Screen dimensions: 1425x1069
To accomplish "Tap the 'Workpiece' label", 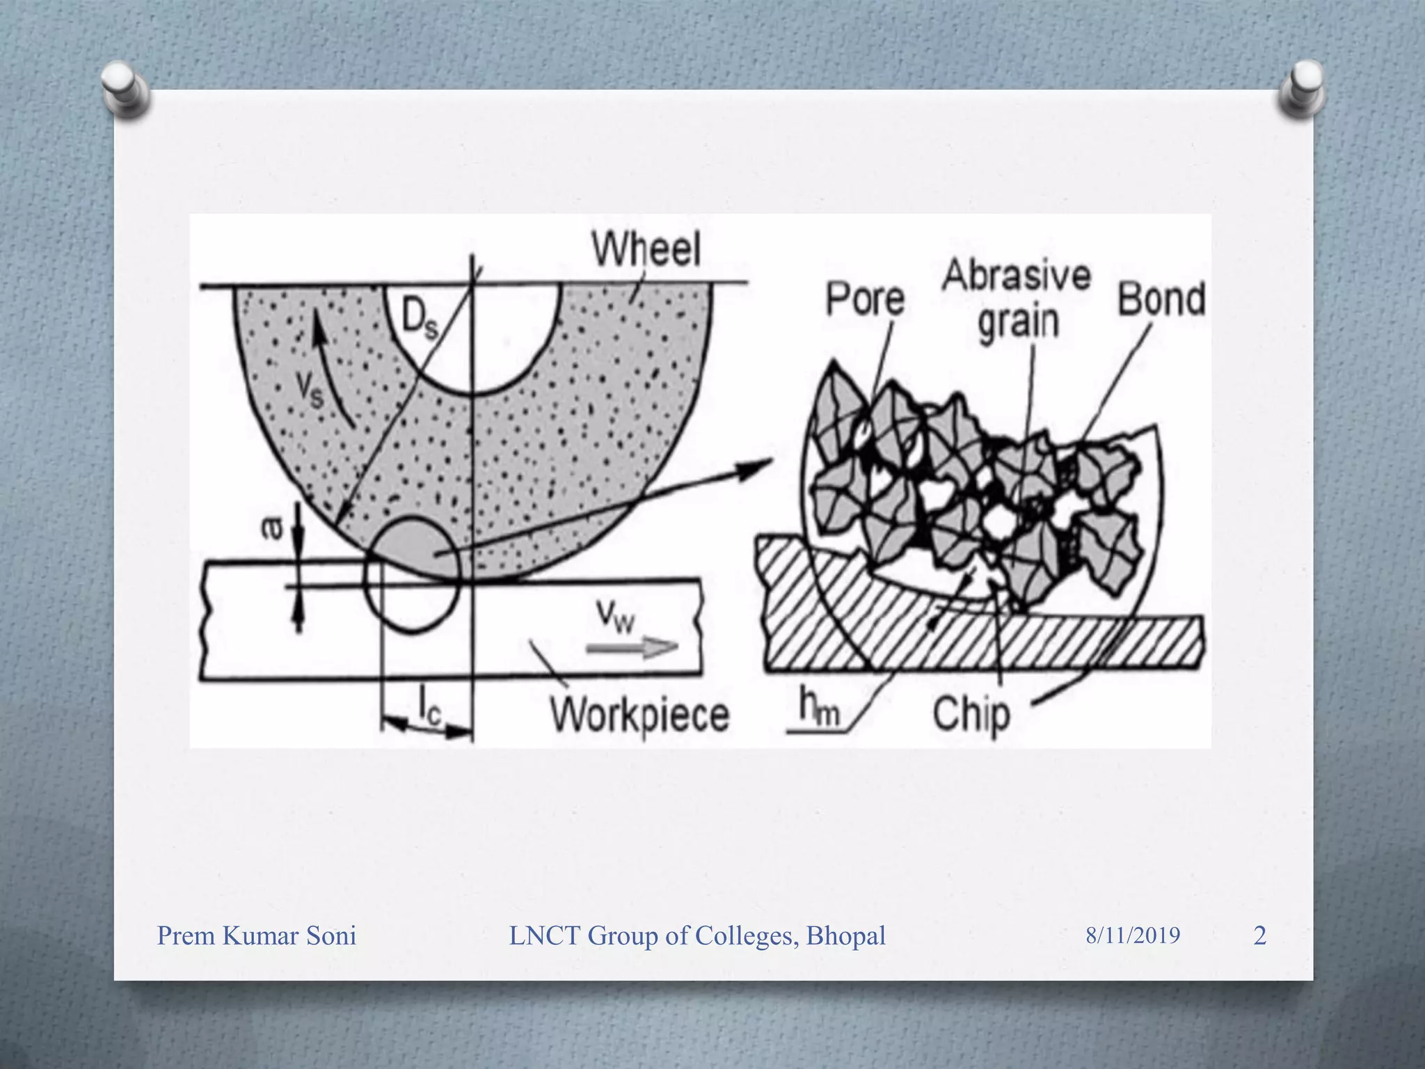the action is (639, 715).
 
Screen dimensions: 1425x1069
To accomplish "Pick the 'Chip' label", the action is (971, 715).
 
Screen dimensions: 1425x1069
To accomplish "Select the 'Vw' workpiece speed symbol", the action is (616, 615).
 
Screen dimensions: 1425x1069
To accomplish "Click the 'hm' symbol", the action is (819, 708).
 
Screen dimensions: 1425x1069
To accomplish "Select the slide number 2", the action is (1259, 935).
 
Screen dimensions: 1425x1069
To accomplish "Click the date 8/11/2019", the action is (1133, 935).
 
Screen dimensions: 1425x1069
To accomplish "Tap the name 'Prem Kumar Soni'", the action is (257, 936).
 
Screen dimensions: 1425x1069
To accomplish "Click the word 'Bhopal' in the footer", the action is (845, 936).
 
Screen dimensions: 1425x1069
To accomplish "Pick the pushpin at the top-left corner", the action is (125, 90).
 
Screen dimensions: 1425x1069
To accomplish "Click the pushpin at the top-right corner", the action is (1302, 89).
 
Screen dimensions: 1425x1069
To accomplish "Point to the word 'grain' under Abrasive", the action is (1018, 322).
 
